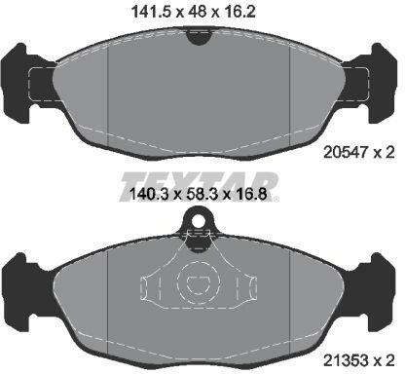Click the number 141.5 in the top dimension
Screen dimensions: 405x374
point(151,12)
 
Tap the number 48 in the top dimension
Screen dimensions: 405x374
point(196,12)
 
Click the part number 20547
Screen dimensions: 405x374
point(346,152)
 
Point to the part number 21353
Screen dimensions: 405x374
point(346,359)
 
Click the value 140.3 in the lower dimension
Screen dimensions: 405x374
point(150,195)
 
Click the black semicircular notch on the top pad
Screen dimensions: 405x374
point(199,37)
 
